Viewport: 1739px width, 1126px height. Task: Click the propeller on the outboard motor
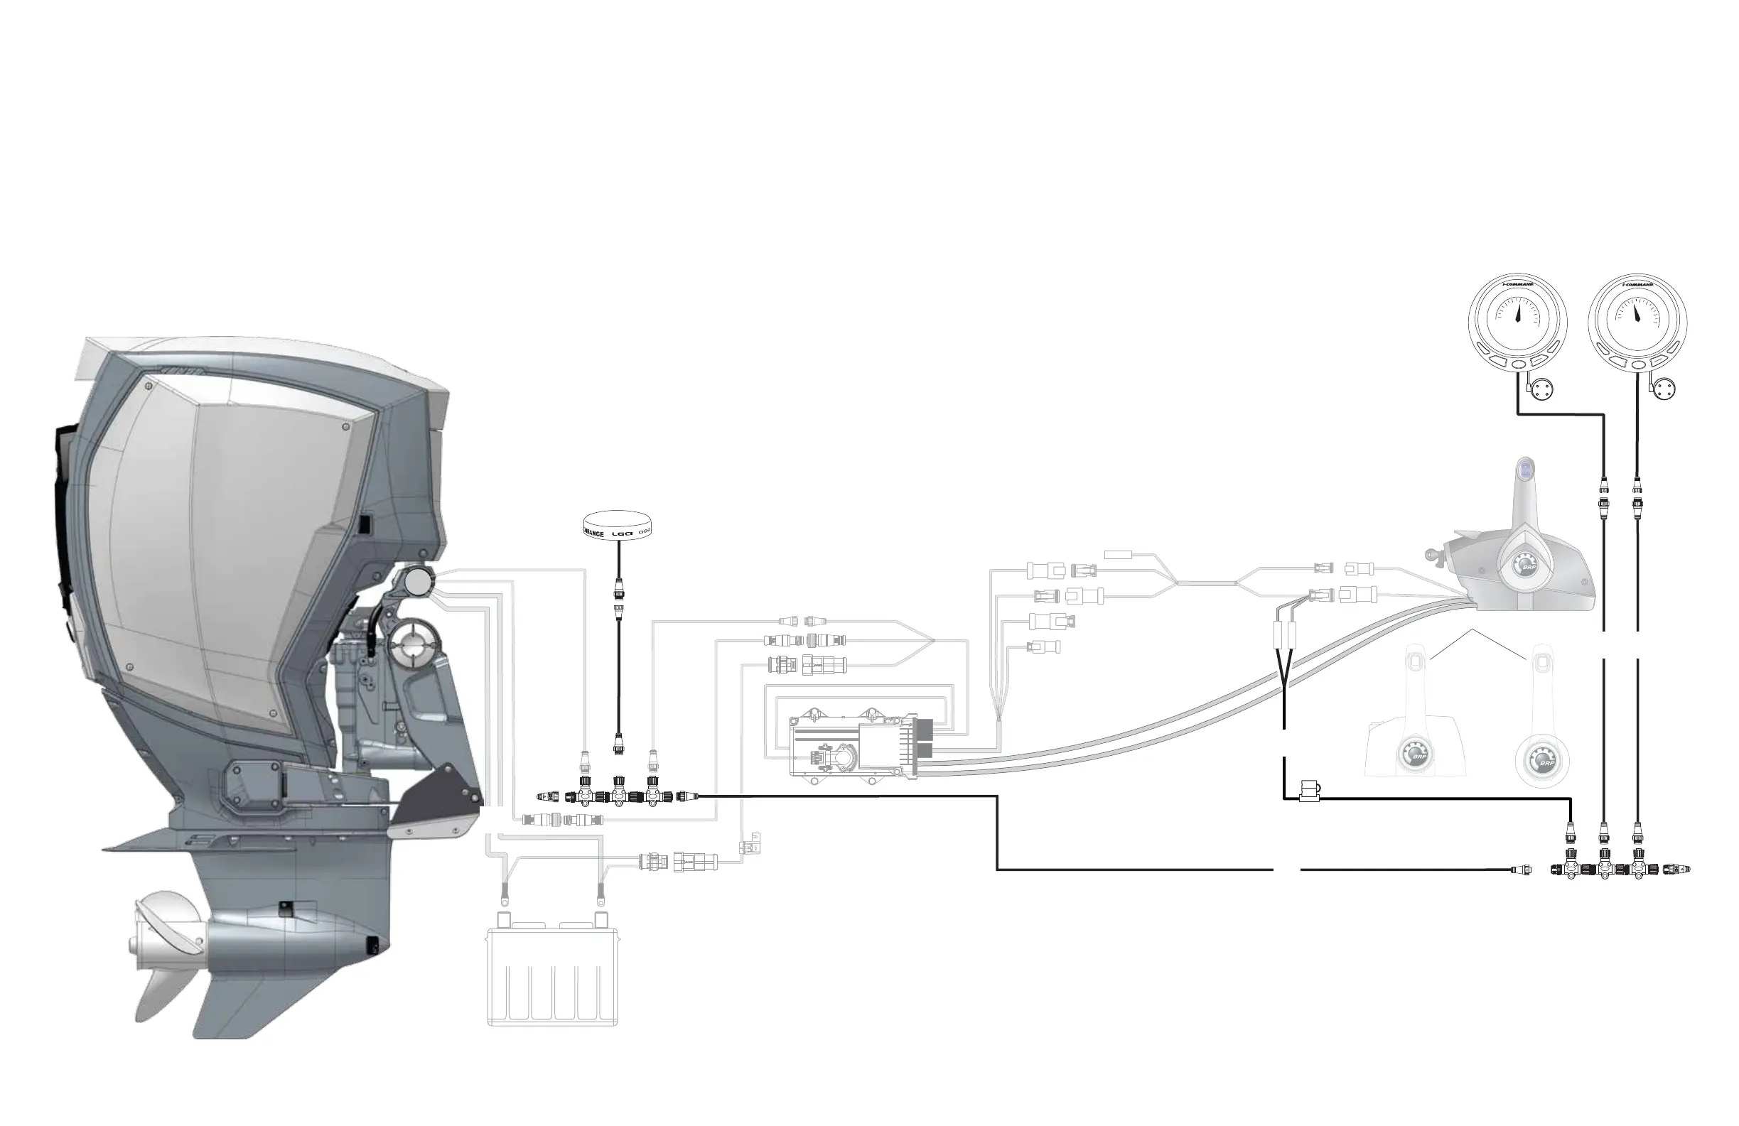point(164,949)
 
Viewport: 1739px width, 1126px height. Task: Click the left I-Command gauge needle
point(1517,315)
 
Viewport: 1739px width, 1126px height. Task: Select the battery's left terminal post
point(502,919)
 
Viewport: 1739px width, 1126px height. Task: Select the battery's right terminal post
point(601,919)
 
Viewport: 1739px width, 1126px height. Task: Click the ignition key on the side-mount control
point(1434,556)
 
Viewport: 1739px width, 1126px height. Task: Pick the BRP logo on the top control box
point(1525,566)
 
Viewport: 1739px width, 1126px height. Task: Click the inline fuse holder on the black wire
point(1309,791)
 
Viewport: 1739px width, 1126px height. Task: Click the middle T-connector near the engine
point(619,795)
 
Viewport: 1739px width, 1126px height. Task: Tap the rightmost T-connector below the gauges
point(1637,869)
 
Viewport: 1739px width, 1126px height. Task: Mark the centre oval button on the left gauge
point(1518,364)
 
